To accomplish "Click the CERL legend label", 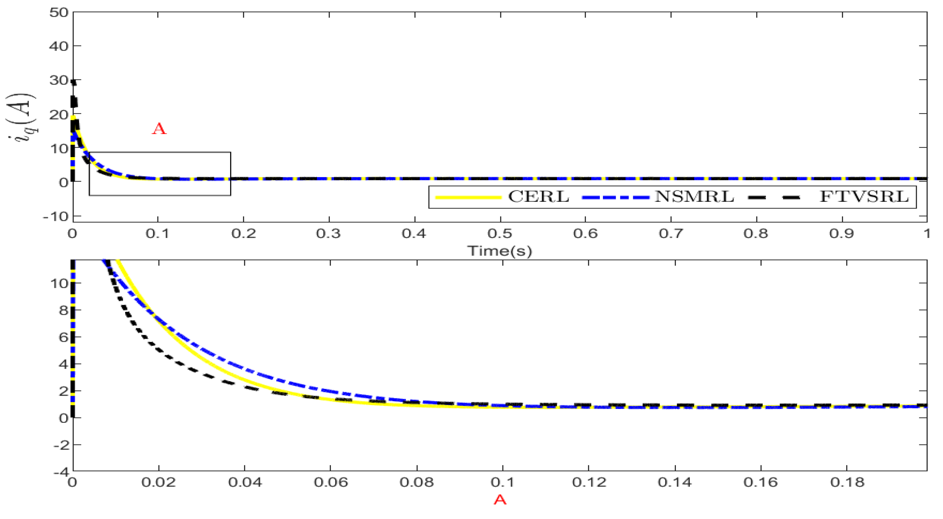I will (538, 197).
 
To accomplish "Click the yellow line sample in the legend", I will (468, 197).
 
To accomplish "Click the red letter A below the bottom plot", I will (500, 499).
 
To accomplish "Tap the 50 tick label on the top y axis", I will (59, 13).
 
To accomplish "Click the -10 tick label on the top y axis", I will (56, 217).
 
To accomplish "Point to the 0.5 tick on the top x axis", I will (500, 233).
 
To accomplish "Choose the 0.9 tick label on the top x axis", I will (842, 233).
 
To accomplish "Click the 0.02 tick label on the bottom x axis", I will (159, 482).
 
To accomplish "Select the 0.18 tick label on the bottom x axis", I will (847, 482).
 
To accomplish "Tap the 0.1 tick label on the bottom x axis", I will (502, 482).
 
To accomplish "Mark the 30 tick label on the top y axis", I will (59, 80).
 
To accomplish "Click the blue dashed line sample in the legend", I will (615, 197).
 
